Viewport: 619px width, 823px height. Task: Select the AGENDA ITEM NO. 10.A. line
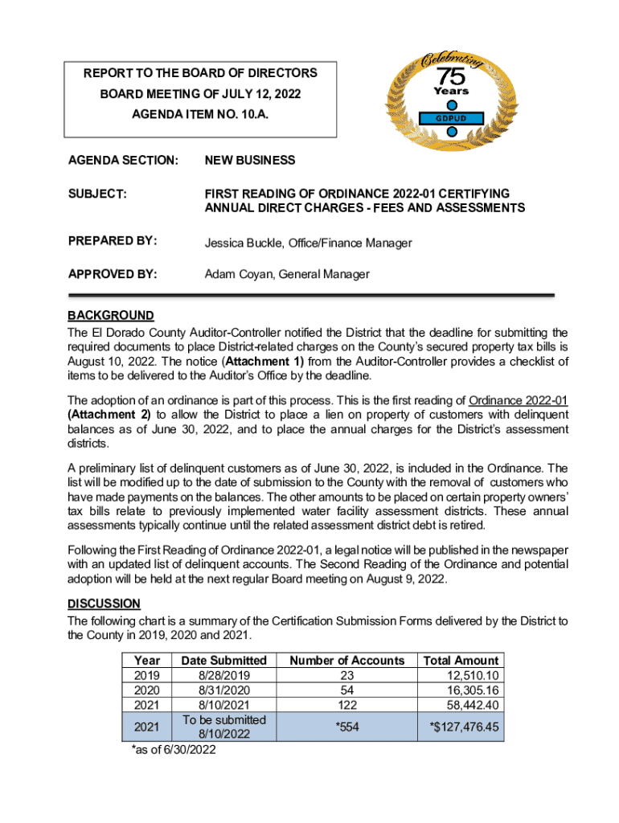coord(200,116)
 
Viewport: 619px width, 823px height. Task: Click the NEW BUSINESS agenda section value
coord(249,161)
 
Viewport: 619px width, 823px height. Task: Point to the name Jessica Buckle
coord(240,242)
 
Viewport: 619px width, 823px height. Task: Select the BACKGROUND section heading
coord(110,315)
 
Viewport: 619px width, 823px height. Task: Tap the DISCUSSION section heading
coord(104,604)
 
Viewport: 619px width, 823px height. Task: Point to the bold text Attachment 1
coord(266,362)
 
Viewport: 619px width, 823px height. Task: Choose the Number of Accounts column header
coord(346,661)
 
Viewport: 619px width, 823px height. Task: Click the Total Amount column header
coord(461,661)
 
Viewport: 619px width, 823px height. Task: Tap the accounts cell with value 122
coord(346,705)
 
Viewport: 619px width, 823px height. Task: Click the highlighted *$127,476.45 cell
coord(464,727)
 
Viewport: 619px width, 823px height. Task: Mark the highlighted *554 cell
coord(346,727)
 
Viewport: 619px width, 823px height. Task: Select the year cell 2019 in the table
coord(147,676)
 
